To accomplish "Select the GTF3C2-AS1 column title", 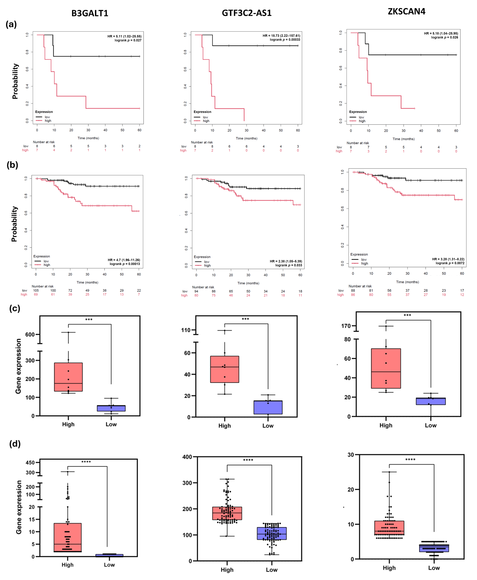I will (x=246, y=13).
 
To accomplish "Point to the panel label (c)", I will (x=15, y=309).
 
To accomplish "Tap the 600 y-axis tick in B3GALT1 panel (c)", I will (x=30, y=334).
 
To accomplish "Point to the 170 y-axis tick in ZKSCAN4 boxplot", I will (x=346, y=326).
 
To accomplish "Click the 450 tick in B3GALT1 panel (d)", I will (x=30, y=462).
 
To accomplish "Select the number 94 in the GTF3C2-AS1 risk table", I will (x=196, y=291).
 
